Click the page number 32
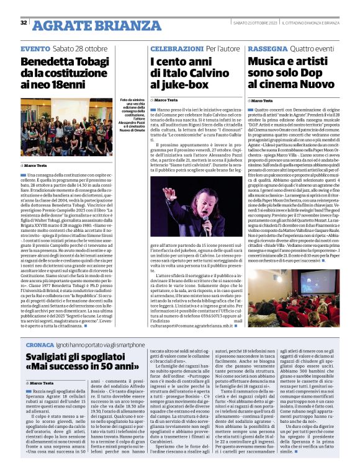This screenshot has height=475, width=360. click(x=24, y=23)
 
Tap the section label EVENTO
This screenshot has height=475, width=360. click(x=35, y=48)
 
